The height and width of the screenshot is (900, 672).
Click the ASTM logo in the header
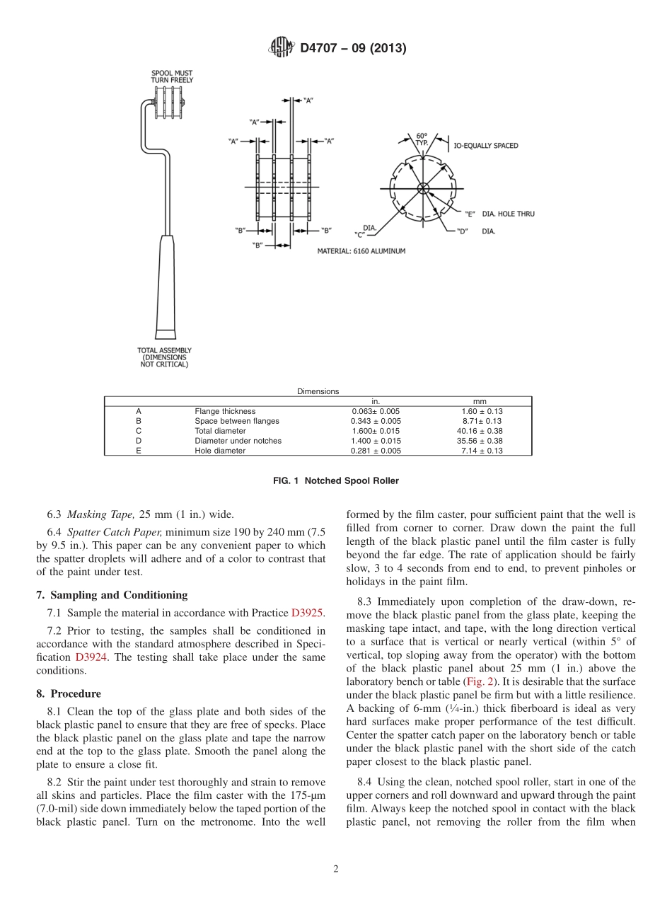pos(282,48)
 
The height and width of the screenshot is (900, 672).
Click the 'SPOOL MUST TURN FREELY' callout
pos(171,76)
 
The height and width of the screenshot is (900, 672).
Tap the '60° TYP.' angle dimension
pos(422,139)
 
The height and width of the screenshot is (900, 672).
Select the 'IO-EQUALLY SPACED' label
pos(485,146)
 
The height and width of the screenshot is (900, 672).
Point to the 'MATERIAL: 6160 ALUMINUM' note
pos(361,251)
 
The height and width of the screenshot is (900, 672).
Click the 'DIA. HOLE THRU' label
pos(508,214)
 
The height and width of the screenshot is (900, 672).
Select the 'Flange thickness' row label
pos(225,411)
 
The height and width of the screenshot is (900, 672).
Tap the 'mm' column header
pos(479,401)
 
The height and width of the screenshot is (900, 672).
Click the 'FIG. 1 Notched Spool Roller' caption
pos(335,481)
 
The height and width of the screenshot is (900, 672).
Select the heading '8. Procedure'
pos(69,694)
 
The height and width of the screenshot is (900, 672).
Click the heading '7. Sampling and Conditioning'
pos(112,595)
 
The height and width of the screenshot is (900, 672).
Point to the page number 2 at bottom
pos(336,870)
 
